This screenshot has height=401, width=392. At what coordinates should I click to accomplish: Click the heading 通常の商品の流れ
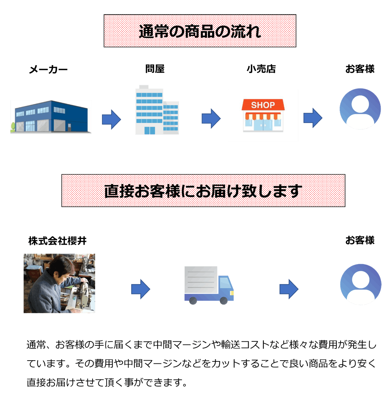200,31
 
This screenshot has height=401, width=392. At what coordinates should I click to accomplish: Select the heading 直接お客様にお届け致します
203,191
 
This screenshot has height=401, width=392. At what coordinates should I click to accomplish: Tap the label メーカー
48,70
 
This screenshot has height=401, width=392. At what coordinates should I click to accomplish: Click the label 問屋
155,69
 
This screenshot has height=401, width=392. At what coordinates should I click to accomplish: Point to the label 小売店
261,69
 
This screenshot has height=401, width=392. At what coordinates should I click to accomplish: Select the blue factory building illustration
51,117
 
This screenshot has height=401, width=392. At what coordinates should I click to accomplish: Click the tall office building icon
156,111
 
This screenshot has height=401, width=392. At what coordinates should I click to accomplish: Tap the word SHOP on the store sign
263,105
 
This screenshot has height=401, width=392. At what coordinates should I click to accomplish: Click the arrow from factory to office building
111,119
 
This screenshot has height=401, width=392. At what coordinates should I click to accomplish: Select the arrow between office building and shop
211,118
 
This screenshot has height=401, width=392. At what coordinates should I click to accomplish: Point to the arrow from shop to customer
312,118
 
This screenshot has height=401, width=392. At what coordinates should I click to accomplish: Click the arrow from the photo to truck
140,289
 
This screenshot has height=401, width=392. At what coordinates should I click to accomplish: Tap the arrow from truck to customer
289,289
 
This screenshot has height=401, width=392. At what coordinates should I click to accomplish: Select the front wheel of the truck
223,301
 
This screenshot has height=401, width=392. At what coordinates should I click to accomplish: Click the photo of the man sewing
59,283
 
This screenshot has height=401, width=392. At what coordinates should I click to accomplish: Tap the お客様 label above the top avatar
359,69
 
